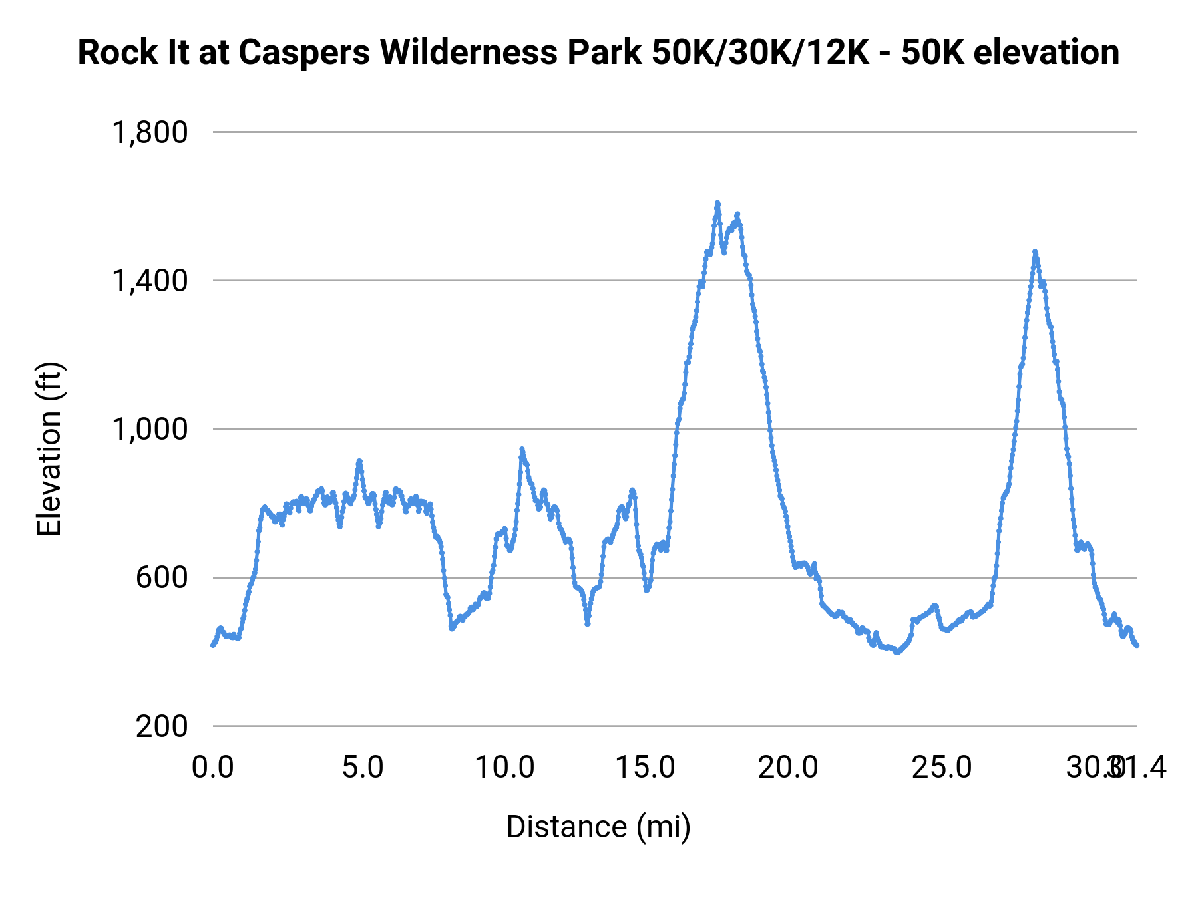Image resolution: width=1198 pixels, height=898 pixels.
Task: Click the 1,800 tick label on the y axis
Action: [x=150, y=132]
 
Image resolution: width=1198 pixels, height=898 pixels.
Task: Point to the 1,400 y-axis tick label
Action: [x=150, y=281]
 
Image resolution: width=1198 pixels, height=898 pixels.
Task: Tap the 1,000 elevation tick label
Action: [x=150, y=429]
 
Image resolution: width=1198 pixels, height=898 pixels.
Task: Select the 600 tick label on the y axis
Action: [x=162, y=577]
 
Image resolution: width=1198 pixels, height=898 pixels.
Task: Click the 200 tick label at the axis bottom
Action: [x=162, y=726]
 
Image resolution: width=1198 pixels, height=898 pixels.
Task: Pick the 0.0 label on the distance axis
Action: [x=213, y=768]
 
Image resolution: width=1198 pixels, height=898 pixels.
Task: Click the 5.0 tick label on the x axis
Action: [x=363, y=768]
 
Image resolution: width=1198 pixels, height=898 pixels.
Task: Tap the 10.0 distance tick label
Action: [x=504, y=768]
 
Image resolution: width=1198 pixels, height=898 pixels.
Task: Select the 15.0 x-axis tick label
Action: [x=645, y=768]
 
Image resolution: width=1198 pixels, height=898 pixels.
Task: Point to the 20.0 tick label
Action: [x=788, y=768]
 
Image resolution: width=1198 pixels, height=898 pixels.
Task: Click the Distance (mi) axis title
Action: [x=598, y=827]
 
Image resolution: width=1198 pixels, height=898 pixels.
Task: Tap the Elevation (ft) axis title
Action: [x=49, y=449]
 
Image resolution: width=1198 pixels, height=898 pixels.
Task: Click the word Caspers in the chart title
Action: [x=303, y=53]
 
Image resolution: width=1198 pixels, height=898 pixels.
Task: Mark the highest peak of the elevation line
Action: [x=717, y=202]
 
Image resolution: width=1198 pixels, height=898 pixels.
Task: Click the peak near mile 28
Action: [x=1035, y=252]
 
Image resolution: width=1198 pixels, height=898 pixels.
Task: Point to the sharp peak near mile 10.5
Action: [x=522, y=449]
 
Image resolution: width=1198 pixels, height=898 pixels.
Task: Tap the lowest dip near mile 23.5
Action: [x=897, y=653]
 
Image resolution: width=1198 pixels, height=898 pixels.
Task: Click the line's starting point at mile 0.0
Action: [x=213, y=645]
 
